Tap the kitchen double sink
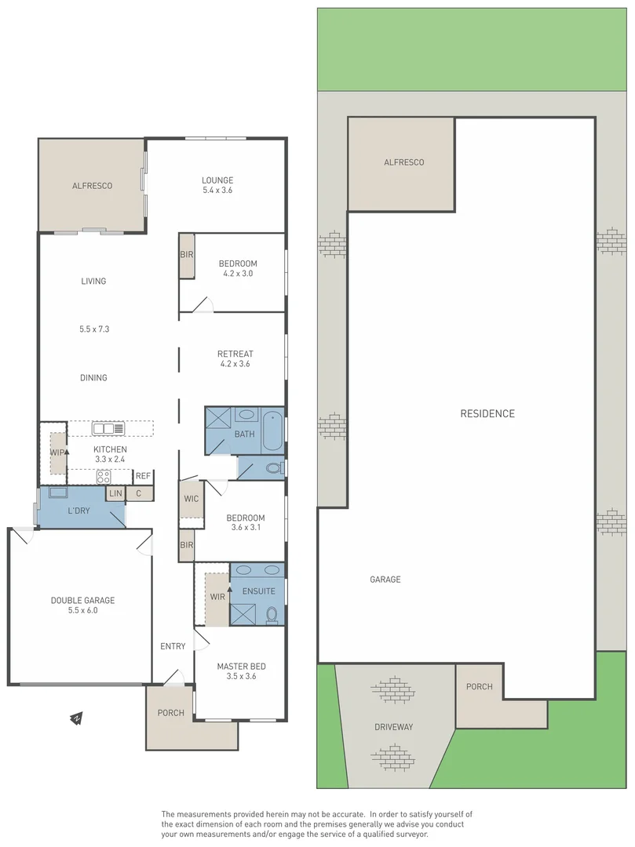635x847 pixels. (108, 428)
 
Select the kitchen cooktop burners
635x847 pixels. (104, 475)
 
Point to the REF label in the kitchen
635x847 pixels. (142, 476)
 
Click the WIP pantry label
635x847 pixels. (57, 453)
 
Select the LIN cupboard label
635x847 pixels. (115, 493)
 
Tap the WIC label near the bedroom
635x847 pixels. (191, 499)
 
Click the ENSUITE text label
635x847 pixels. (258, 591)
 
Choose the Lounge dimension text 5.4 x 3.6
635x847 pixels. (217, 190)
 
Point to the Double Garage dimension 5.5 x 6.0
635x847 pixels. (82, 610)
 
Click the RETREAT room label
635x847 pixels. (235, 354)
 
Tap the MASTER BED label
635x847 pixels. (241, 666)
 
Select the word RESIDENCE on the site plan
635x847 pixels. (487, 413)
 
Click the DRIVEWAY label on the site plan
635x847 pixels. (393, 727)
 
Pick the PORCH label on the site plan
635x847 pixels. (479, 686)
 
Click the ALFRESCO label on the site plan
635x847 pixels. (403, 162)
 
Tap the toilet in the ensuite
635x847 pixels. (272, 613)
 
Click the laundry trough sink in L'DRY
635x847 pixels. (59, 493)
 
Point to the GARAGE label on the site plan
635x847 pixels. (385, 580)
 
